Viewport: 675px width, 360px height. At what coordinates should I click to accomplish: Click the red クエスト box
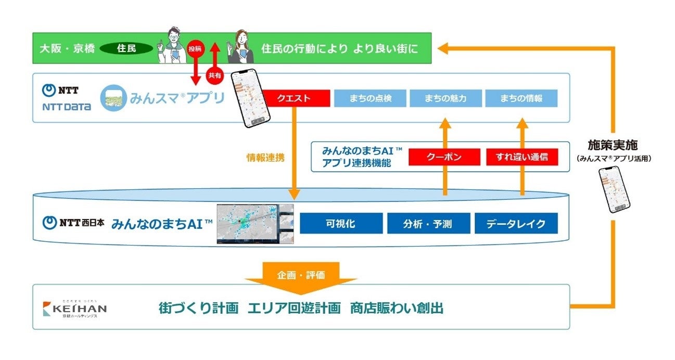[x=296, y=98]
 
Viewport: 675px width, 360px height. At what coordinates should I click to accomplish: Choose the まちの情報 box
[x=521, y=98]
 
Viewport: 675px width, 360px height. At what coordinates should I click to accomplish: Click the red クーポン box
[x=443, y=157]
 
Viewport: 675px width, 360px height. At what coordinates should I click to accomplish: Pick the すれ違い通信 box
[x=521, y=157]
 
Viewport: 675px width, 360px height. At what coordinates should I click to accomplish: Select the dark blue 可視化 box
[x=341, y=224]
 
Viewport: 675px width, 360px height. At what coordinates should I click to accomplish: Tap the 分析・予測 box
[x=428, y=224]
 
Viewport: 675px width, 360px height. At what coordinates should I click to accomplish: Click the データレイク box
[x=516, y=224]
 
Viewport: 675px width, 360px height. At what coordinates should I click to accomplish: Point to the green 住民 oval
[x=126, y=49]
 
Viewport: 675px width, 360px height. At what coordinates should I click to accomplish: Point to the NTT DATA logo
[x=66, y=98]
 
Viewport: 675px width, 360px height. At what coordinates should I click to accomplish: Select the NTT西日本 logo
[x=73, y=223]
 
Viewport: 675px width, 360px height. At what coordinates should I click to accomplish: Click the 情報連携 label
[x=265, y=158]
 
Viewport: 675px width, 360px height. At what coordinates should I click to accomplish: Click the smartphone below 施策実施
[x=615, y=189]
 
